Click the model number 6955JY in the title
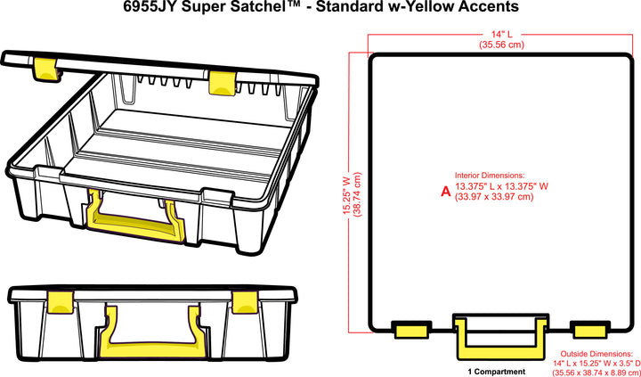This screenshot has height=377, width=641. coord(150,7)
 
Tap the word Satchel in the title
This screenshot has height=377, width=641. coord(247,7)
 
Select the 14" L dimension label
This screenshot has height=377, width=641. coord(501,35)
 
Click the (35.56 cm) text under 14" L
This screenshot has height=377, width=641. coord(501,45)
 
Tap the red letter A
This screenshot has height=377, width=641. coord(445,191)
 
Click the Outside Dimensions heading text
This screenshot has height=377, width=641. coord(596,353)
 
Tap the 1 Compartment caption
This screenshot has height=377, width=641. coord(496,372)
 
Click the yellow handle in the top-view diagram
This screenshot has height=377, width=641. coord(499,338)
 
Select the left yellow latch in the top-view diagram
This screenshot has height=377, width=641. coord(411,330)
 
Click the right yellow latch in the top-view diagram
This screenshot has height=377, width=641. coord(589,330)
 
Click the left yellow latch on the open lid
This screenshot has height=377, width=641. coord(45,69)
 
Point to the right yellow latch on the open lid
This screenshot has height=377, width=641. coord(222,83)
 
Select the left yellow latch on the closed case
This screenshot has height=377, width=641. coord(60,302)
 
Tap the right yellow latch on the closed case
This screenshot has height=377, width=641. coord(245,302)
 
